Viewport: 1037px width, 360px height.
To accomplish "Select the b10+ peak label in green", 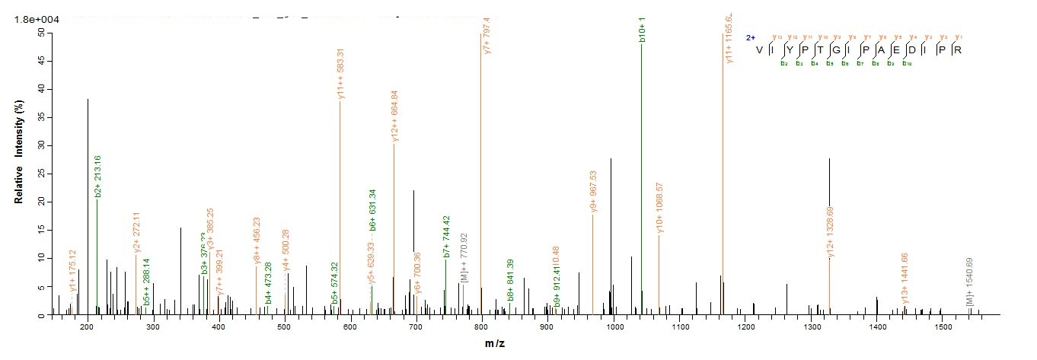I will point(642,28).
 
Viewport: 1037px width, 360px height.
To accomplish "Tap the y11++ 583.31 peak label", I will point(340,73).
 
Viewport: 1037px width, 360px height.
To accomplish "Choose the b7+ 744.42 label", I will point(446,236).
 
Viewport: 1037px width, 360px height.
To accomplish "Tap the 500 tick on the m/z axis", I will point(284,327).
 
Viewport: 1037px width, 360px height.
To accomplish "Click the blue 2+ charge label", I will point(750,37).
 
